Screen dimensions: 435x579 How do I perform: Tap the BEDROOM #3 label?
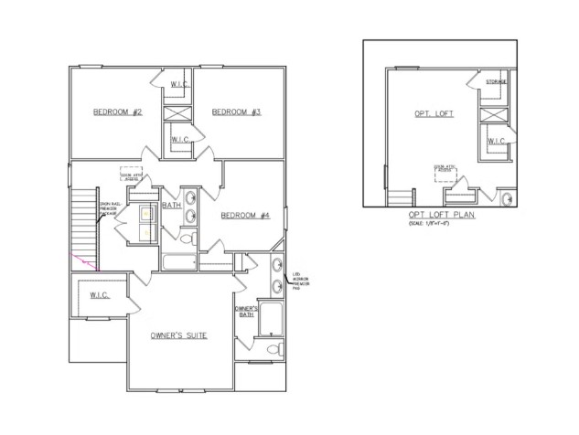click(236, 112)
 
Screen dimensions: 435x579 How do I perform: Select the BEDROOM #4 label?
click(244, 216)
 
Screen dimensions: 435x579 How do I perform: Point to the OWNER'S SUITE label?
click(178, 335)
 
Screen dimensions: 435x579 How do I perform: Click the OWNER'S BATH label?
click(244, 312)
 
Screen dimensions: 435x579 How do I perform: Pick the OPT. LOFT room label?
click(433, 114)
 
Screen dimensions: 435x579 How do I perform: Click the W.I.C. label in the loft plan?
click(496, 141)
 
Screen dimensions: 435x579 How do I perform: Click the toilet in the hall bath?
click(188, 239)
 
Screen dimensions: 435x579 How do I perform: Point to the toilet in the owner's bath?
click(270, 351)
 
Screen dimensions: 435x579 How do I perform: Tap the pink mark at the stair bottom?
click(89, 264)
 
